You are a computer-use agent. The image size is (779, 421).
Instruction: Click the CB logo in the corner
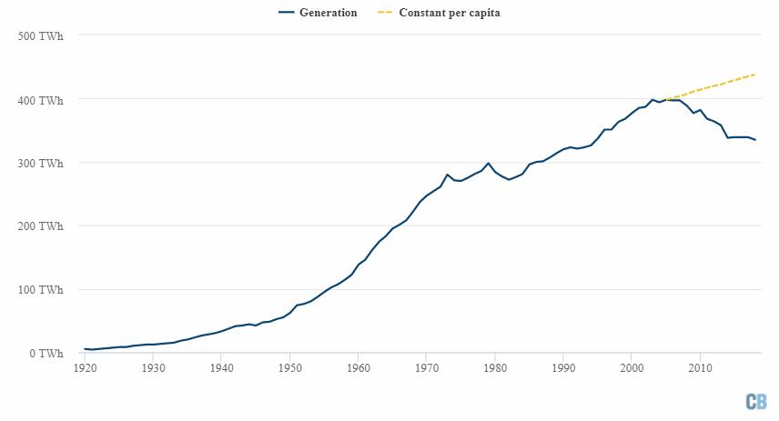756,402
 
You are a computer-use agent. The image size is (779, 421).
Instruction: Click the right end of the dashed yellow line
755,75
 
